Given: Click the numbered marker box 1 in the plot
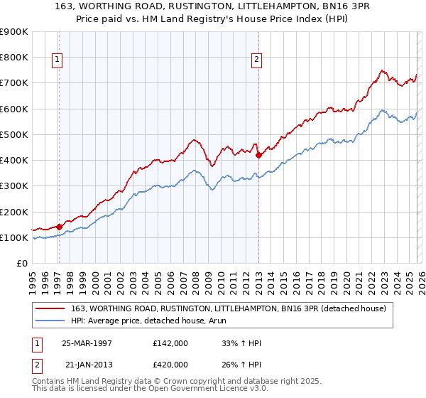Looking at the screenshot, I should tap(57, 60).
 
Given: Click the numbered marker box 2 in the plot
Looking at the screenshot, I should tap(256, 60).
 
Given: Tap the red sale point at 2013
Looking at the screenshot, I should tap(258, 155).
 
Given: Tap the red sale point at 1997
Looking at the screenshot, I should tap(60, 227).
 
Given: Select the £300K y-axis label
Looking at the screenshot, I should tap(14, 186).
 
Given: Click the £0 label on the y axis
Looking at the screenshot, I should tap(21, 264).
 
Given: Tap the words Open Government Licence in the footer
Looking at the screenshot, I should tap(181, 391).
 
